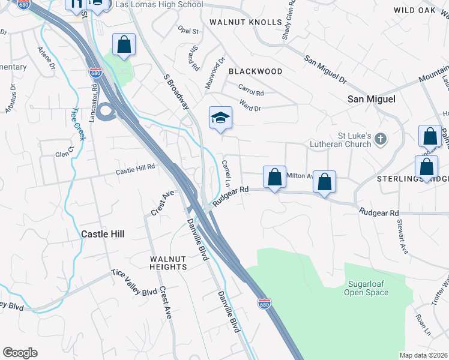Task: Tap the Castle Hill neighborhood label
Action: (x=103, y=234)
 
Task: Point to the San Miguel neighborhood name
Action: (x=372, y=100)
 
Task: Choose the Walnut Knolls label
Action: (x=246, y=22)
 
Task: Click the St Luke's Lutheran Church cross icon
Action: (x=380, y=140)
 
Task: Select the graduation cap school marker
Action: (x=220, y=117)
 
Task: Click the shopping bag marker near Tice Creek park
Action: (x=124, y=44)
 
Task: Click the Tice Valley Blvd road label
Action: (x=133, y=283)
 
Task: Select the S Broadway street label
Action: (x=175, y=91)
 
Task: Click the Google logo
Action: (x=20, y=353)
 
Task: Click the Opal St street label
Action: (x=188, y=31)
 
